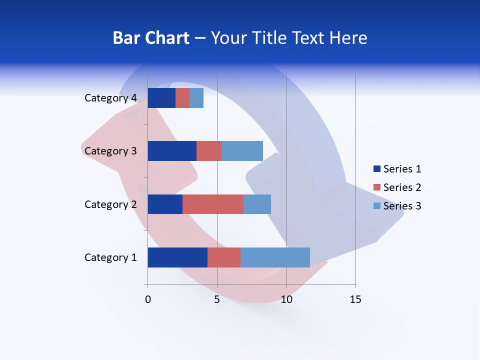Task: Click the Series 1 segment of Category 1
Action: [177, 257]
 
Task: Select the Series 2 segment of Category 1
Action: [224, 257]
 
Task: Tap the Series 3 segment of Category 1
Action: [275, 257]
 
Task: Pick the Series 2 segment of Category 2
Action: [213, 204]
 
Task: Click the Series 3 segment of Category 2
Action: [257, 204]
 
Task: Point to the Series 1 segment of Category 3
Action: [172, 151]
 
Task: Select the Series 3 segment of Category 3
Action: [242, 151]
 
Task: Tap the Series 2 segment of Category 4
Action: [182, 98]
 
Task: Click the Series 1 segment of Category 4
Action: [161, 98]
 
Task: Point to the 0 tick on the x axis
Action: [148, 299]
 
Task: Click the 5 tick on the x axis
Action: [217, 299]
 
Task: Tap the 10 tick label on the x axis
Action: [286, 299]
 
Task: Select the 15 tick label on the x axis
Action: [355, 299]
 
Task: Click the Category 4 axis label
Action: [110, 98]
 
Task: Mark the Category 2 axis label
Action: [110, 204]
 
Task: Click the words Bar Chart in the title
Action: [151, 38]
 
